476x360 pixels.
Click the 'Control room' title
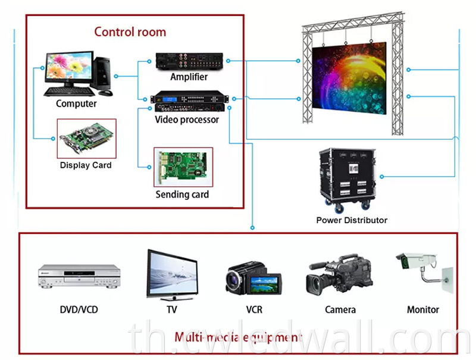pyautogui.click(x=130, y=32)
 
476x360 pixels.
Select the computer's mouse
pyautogui.click(x=105, y=93)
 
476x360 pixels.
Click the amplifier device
pyautogui.click(x=189, y=62)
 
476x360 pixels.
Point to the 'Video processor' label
pyautogui.click(x=187, y=120)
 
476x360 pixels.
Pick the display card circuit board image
pyautogui.click(x=86, y=139)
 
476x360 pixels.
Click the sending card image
pyautogui.click(x=183, y=167)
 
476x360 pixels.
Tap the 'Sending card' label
pyautogui.click(x=182, y=194)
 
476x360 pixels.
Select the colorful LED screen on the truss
pyautogui.click(x=349, y=79)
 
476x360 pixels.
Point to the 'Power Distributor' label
pyautogui.click(x=352, y=220)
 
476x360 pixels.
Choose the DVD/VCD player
pyautogui.click(x=79, y=276)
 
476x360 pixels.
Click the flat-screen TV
pyautogui.click(x=172, y=275)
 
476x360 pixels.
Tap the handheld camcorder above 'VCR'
pyautogui.click(x=253, y=278)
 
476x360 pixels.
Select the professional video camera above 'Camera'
pyautogui.click(x=339, y=275)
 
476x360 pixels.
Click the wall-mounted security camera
pyautogui.click(x=425, y=270)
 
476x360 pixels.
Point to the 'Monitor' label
pyautogui.click(x=423, y=309)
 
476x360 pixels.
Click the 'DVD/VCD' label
pyautogui.click(x=79, y=309)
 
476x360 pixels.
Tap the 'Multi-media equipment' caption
pyautogui.click(x=238, y=337)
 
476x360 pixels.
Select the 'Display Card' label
pyautogui.click(x=86, y=165)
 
